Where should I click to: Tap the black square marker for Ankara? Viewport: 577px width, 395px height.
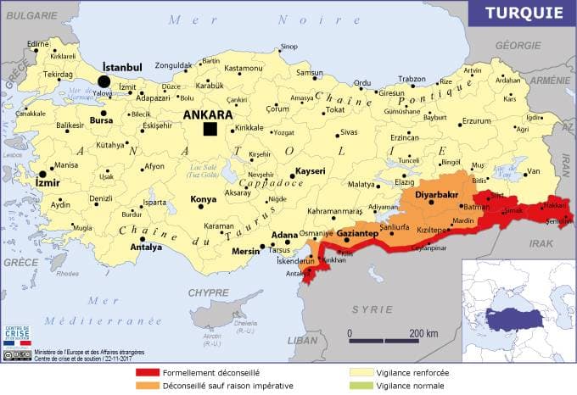(x=210, y=129)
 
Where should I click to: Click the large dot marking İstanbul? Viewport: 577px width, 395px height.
(x=104, y=81)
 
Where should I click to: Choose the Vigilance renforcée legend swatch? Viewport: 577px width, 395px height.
(x=361, y=372)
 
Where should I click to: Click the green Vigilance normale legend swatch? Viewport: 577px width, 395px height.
(x=361, y=385)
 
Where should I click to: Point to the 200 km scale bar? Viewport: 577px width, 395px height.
(x=380, y=341)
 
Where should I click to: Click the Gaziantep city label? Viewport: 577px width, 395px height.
(x=356, y=232)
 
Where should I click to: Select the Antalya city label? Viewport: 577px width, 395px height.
(x=146, y=248)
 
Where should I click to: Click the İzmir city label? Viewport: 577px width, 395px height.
(x=48, y=181)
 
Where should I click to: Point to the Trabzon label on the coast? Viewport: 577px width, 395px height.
(x=412, y=79)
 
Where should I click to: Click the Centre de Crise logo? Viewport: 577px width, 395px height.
(x=16, y=334)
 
